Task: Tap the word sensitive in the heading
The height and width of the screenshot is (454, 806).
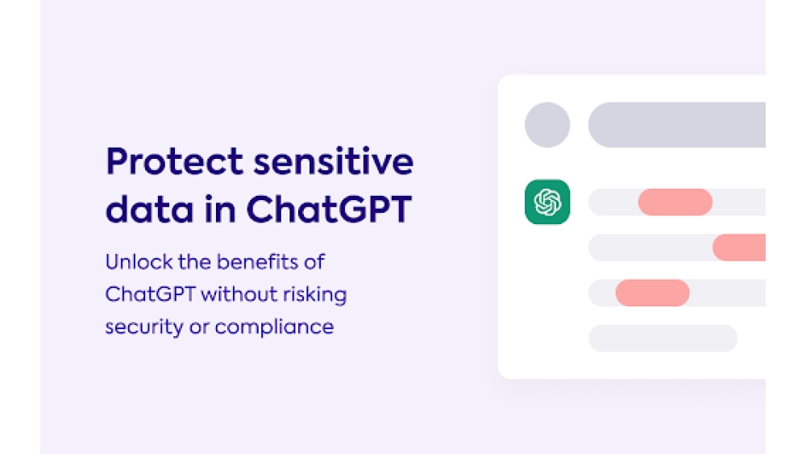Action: pyautogui.click(x=333, y=163)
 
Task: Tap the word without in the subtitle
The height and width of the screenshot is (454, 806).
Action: pyautogui.click(x=239, y=294)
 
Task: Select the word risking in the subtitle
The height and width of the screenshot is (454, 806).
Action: pyautogui.click(x=315, y=295)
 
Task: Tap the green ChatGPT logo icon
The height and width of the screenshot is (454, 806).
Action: pyautogui.click(x=547, y=202)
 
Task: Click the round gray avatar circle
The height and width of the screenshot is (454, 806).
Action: pyautogui.click(x=547, y=125)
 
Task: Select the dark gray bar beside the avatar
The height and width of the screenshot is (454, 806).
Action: pyautogui.click(x=677, y=125)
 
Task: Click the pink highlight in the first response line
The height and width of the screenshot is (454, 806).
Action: pyautogui.click(x=675, y=202)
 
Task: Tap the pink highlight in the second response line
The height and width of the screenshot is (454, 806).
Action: pyautogui.click(x=739, y=248)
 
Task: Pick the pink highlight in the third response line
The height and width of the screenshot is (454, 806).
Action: pyautogui.click(x=652, y=293)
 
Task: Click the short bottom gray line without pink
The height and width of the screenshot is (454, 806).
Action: pyautogui.click(x=663, y=338)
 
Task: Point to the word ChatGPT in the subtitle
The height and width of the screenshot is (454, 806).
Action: pyautogui.click(x=151, y=294)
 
